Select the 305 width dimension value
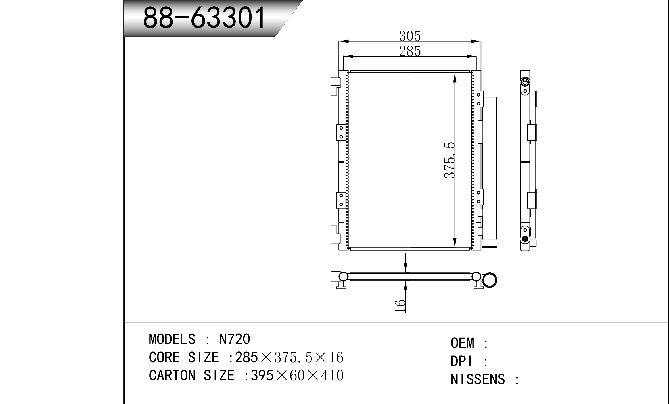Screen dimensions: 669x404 410,36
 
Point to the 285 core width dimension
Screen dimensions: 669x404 410,51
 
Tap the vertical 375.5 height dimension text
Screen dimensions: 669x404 450,161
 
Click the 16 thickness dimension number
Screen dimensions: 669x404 400,306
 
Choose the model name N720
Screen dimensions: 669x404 235,339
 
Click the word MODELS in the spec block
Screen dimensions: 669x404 172,339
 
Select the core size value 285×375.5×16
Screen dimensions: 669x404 289,357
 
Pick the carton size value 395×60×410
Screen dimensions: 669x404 297,375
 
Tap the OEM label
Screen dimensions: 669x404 462,343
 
